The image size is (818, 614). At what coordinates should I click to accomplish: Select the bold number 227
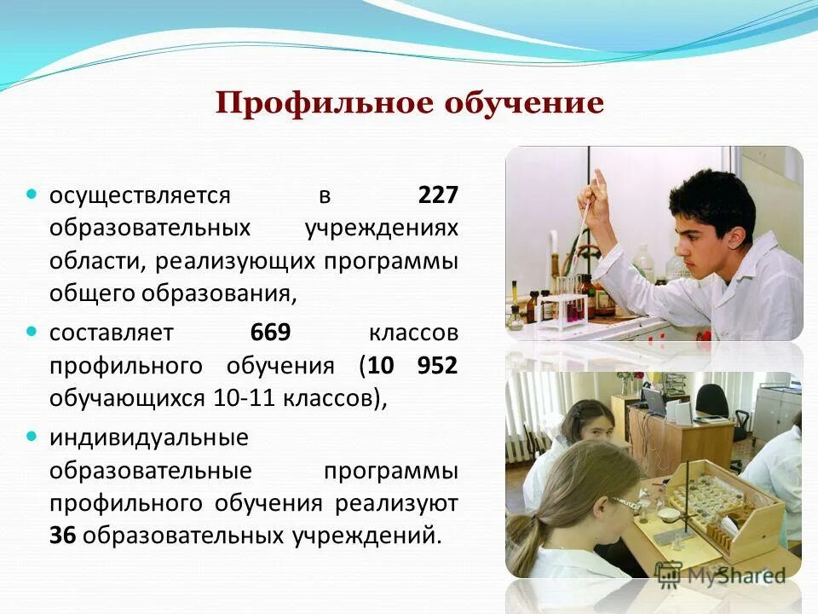(437, 195)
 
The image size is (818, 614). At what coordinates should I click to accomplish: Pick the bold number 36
(62, 536)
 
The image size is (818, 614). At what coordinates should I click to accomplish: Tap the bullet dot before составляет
(32, 330)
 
